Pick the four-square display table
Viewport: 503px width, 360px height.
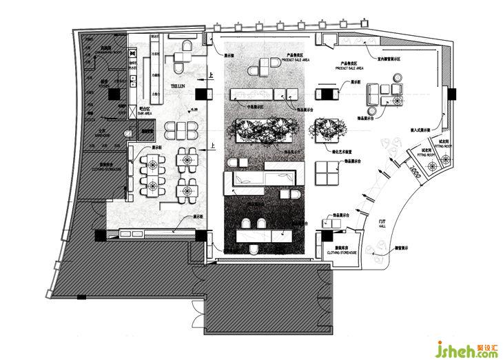(325, 170)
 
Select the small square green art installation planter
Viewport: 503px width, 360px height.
(325, 129)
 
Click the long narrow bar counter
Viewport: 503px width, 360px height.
(156, 70)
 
